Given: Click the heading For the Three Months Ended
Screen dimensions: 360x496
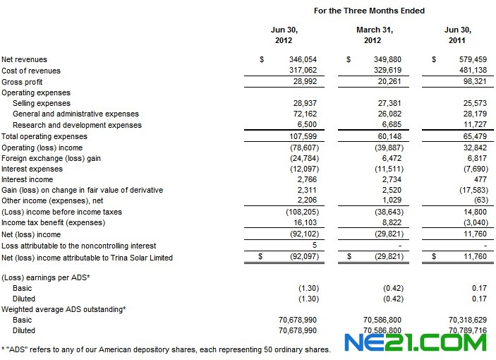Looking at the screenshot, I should tap(369, 11).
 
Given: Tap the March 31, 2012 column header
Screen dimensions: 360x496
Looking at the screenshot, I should tap(374, 35).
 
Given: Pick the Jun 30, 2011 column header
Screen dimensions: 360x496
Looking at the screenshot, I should tap(458, 35).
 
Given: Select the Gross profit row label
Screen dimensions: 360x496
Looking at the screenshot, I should tap(21, 82).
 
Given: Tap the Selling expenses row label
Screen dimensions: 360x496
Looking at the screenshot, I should tap(41, 103).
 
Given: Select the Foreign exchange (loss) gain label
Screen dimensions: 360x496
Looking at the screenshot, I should tap(51, 159).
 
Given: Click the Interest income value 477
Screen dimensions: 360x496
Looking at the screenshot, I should tap(480, 180).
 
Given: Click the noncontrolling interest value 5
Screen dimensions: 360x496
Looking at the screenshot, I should tap(314, 246).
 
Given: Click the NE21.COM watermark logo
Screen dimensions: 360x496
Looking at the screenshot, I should tap(416, 342).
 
